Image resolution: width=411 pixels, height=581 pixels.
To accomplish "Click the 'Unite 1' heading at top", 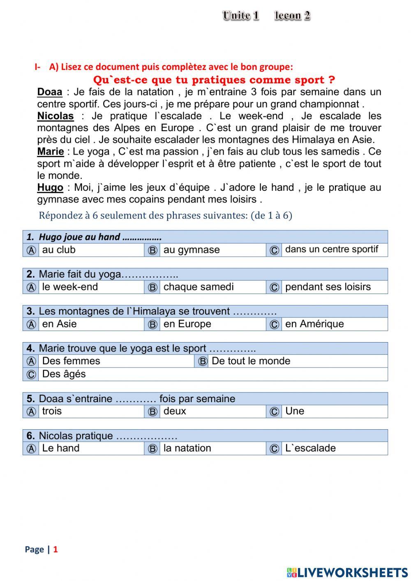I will click(241, 16).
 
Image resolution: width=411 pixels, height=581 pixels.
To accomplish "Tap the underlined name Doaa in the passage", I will click(50, 92).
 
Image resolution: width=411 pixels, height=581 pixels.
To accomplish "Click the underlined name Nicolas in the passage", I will click(55, 116).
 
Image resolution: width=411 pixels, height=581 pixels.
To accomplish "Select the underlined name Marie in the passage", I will click(51, 152).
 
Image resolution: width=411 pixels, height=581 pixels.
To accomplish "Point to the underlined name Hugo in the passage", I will click(50, 188).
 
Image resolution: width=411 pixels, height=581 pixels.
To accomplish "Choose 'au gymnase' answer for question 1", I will click(192, 250).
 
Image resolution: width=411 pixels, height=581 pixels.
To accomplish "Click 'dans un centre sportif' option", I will click(331, 250).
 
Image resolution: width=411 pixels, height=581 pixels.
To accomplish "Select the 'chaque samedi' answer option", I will click(199, 287).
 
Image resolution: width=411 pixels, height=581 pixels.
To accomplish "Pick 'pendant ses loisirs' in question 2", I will click(328, 287).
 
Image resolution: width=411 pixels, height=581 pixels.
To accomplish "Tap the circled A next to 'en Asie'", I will click(31, 324).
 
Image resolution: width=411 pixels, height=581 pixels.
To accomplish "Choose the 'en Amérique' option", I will click(314, 324).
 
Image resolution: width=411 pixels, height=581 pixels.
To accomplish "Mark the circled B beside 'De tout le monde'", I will click(203, 361).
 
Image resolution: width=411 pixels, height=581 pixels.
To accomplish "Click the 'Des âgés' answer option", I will click(64, 374).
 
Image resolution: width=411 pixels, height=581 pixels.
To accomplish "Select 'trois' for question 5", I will click(52, 411).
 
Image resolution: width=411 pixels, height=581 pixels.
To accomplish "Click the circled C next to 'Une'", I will click(274, 412).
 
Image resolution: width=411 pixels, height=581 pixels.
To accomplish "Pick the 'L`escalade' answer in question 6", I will click(310, 448).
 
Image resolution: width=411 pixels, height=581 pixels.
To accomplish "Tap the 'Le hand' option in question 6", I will click(61, 448).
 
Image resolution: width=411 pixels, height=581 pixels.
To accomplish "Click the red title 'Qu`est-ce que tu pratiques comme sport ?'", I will click(214, 80).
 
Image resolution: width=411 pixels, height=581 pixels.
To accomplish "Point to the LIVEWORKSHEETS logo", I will click(347, 572).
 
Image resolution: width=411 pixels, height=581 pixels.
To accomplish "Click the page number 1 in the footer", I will click(55, 549).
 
